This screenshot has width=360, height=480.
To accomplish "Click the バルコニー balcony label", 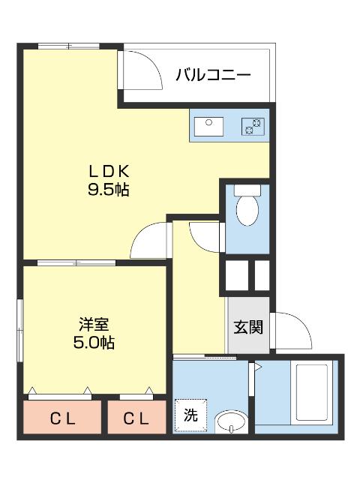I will (212, 75).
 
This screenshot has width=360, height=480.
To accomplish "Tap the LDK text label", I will (109, 170).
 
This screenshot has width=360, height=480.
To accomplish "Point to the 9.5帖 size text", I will (109, 189).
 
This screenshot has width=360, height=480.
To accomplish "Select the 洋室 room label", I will (95, 325).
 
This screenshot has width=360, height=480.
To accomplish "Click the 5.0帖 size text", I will (95, 343).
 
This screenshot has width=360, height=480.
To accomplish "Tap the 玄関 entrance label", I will (248, 327).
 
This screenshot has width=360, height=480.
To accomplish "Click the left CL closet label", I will (63, 418).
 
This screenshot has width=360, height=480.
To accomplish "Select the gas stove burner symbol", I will (252, 126).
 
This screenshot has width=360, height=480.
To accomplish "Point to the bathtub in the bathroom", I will (311, 394).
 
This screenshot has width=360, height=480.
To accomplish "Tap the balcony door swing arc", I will (144, 71).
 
